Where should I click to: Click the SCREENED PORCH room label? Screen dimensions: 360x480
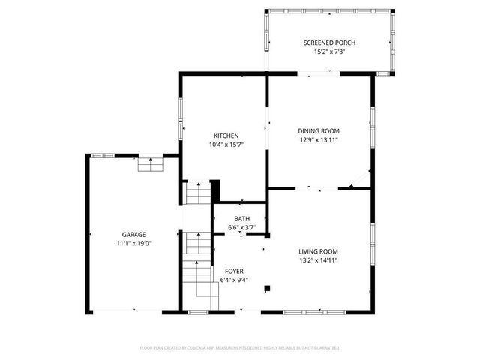(x=329, y=43)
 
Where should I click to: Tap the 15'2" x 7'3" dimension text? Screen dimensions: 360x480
(x=329, y=52)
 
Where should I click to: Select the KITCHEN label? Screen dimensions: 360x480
(x=226, y=136)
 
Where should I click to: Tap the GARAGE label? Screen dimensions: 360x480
(x=134, y=234)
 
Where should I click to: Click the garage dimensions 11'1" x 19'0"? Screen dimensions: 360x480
(x=134, y=243)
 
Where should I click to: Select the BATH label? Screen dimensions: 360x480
(x=241, y=219)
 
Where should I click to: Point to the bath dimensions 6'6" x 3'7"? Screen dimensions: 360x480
(x=241, y=228)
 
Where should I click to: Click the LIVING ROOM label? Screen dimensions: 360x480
(x=318, y=251)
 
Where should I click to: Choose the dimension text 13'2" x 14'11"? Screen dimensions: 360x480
(x=318, y=260)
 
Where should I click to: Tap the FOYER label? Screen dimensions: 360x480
(x=234, y=271)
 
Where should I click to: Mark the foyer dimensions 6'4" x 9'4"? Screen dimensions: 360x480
(x=234, y=280)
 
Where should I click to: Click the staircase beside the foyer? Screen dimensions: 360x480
(x=196, y=262)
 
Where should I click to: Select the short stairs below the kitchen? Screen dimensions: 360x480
(x=199, y=196)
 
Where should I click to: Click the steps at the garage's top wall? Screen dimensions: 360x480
(x=150, y=164)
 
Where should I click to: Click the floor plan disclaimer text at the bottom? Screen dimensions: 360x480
(x=240, y=348)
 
